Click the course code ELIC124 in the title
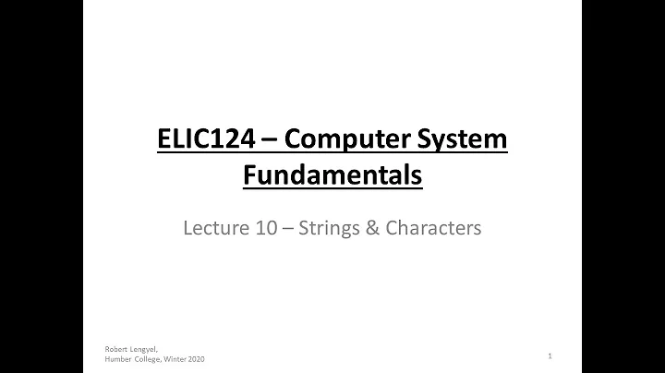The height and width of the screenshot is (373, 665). pos(199,140)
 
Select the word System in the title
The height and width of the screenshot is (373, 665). pos(462,140)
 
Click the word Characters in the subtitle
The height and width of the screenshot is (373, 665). pos(431,228)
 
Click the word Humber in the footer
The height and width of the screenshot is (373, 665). pos(118,360)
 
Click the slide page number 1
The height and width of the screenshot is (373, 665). pos(550,355)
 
